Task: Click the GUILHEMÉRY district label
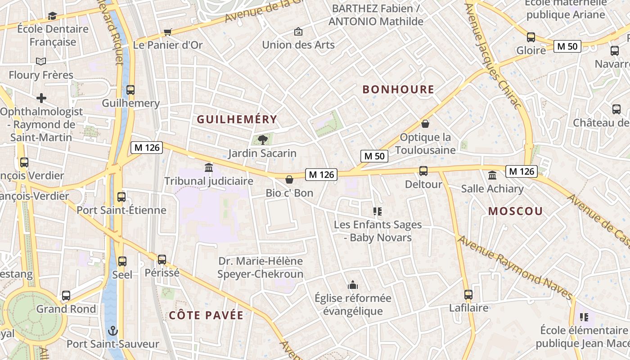tap(237, 119)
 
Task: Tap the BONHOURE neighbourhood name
tap(398, 90)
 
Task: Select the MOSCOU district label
tap(515, 211)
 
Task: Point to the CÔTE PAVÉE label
tap(206, 315)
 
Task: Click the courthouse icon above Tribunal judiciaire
tap(209, 168)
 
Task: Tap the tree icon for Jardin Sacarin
tap(262, 140)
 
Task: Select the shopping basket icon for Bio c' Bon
tap(289, 180)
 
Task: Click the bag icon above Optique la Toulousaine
tap(425, 124)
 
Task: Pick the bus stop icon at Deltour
tap(423, 171)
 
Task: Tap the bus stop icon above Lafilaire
tap(468, 295)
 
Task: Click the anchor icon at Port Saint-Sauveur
tap(112, 331)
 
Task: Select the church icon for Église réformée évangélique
tap(353, 285)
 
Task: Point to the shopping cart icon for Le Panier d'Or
tap(168, 32)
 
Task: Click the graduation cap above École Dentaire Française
tap(53, 16)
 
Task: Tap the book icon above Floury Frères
tap(41, 61)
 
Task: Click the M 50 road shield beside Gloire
tap(567, 46)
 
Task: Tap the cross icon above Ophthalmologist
tap(41, 98)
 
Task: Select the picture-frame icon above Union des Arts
tap(298, 31)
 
